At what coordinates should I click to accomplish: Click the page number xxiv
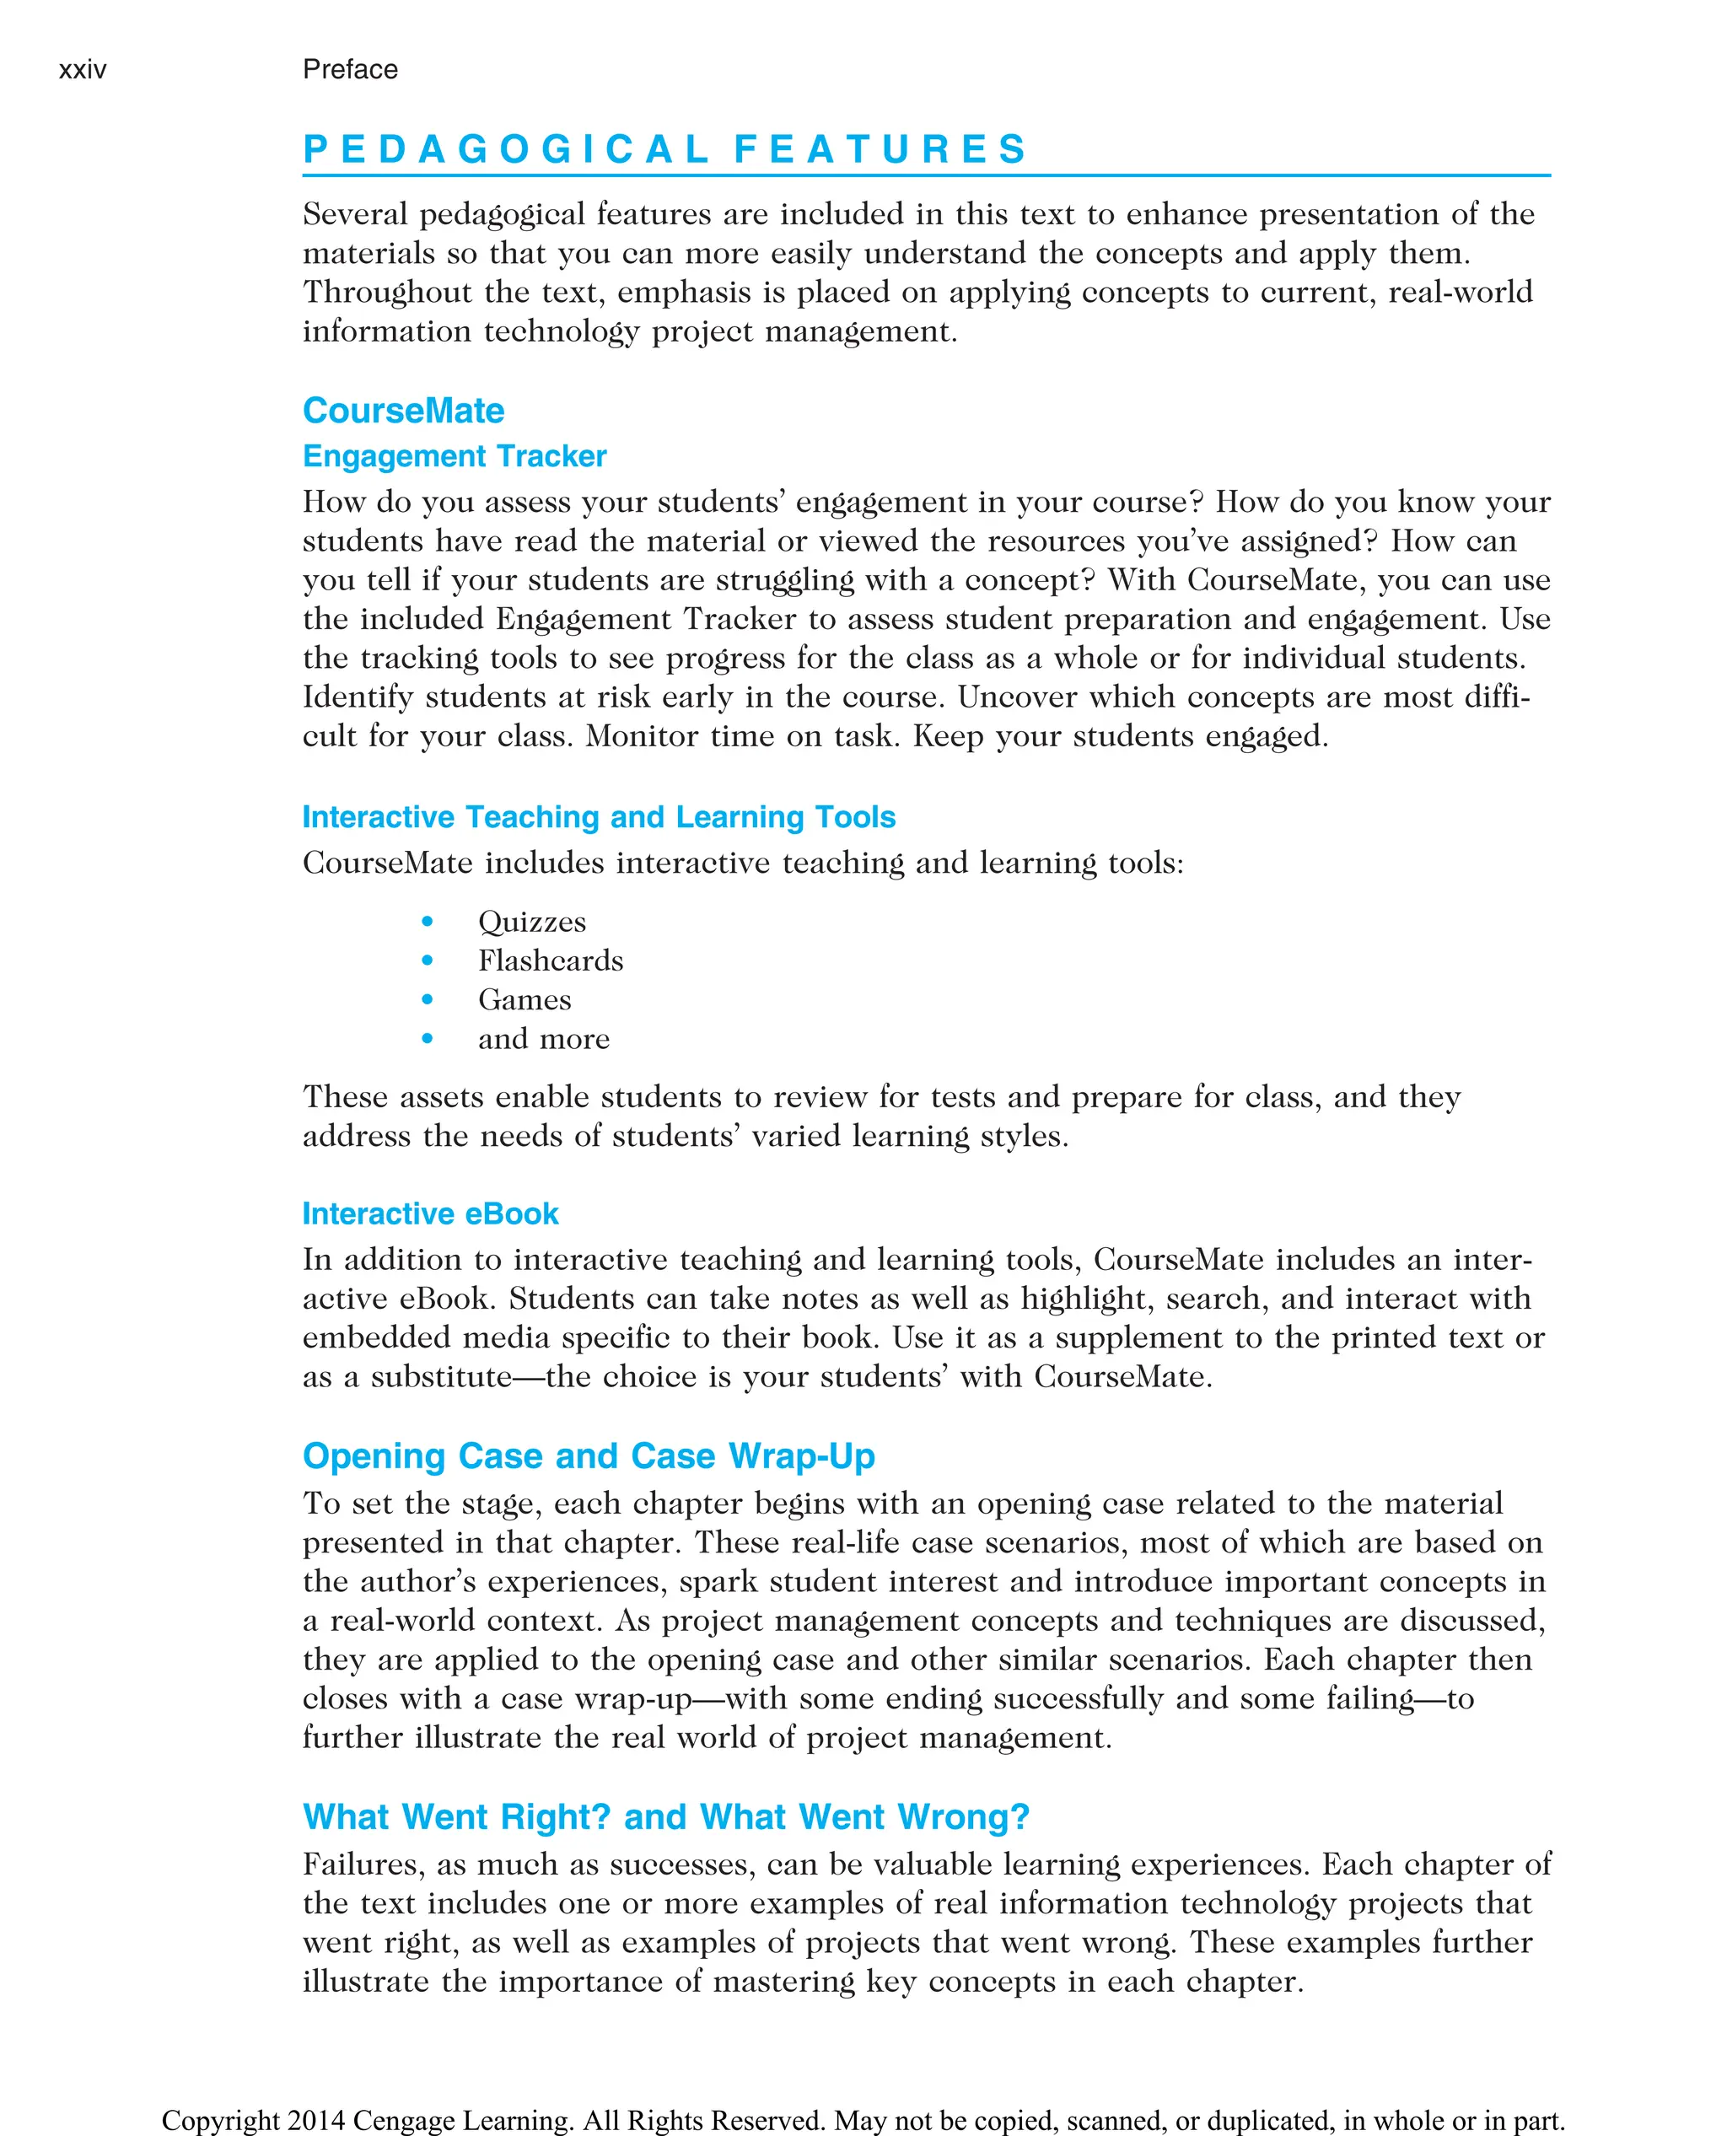(x=83, y=70)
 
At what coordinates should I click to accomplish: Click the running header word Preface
(x=350, y=70)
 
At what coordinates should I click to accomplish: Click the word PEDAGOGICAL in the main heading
(x=505, y=149)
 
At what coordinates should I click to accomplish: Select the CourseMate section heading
(x=403, y=411)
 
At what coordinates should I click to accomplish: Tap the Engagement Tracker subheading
(x=455, y=457)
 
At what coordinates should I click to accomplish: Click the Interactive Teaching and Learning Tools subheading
(x=599, y=817)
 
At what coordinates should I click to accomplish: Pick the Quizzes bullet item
(x=532, y=923)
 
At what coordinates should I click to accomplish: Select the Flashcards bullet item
(x=550, y=961)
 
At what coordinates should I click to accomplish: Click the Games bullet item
(x=525, y=1000)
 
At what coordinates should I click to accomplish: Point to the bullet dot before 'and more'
(x=428, y=1039)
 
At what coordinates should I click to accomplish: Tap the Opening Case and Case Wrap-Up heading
(x=589, y=1456)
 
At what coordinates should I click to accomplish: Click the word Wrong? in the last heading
(x=963, y=1817)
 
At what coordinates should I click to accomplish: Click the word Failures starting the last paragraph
(x=363, y=1864)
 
